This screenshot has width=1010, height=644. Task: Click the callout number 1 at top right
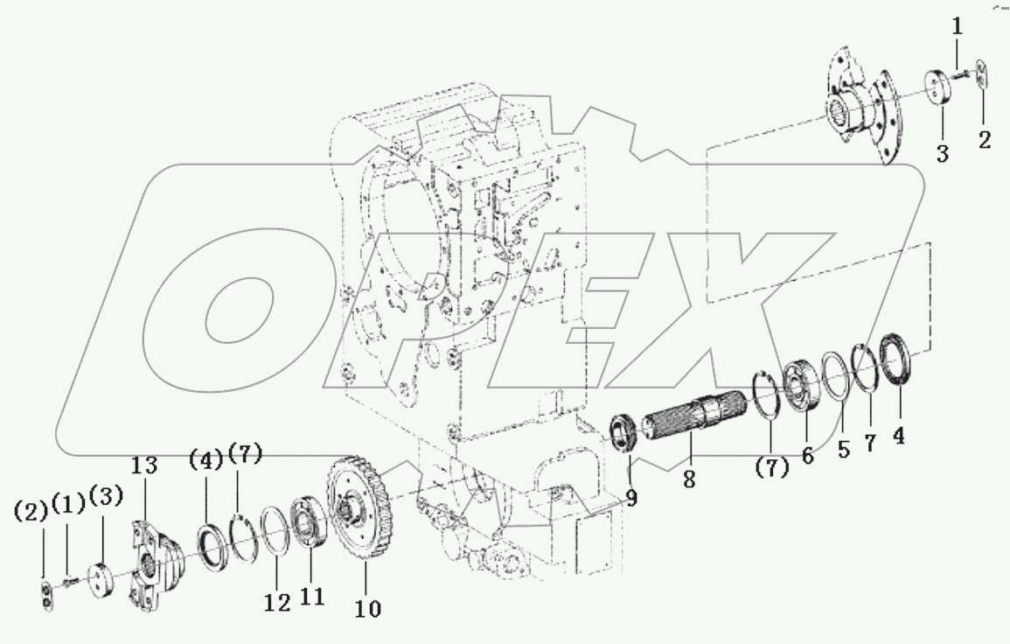(x=957, y=27)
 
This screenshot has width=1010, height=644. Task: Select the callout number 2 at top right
(x=985, y=139)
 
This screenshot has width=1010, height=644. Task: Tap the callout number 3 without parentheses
(x=942, y=155)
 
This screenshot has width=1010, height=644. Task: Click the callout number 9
(x=631, y=499)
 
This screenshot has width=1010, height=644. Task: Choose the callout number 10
(x=368, y=608)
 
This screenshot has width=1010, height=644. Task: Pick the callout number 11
(x=312, y=596)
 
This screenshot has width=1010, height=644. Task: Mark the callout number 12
(x=276, y=603)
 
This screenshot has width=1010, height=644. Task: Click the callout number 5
(x=843, y=450)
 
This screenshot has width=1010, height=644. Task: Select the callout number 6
(x=807, y=455)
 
